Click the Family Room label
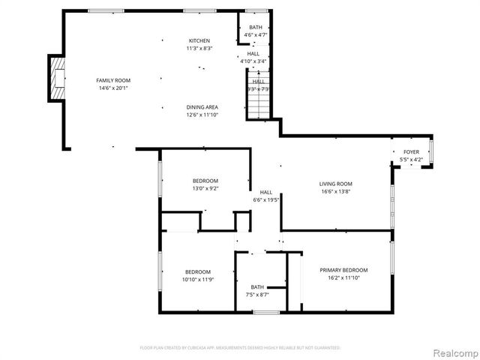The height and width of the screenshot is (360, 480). [x=112, y=79]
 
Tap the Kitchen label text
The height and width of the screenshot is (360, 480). [x=199, y=40]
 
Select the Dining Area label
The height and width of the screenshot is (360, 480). [x=202, y=107]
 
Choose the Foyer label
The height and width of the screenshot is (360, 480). [x=411, y=151]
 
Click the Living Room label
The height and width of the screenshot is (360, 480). [x=335, y=184]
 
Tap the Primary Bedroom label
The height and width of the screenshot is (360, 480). [x=343, y=270]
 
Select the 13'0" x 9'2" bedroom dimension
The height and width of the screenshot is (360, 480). [x=205, y=189]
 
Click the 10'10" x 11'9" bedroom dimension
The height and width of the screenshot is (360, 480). [x=198, y=280]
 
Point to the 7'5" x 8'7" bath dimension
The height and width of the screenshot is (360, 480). [x=257, y=295]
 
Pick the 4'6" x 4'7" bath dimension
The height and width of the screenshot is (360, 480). [x=256, y=35]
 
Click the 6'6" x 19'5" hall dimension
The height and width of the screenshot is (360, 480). [x=265, y=200]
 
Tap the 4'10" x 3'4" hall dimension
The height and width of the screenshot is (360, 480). [x=253, y=61]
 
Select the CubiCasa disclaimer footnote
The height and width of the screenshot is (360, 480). [x=240, y=347]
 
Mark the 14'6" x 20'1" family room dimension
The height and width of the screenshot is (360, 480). [x=112, y=88]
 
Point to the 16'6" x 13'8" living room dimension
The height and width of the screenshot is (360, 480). [x=335, y=192]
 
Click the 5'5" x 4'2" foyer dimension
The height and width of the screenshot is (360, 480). [x=411, y=159]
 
